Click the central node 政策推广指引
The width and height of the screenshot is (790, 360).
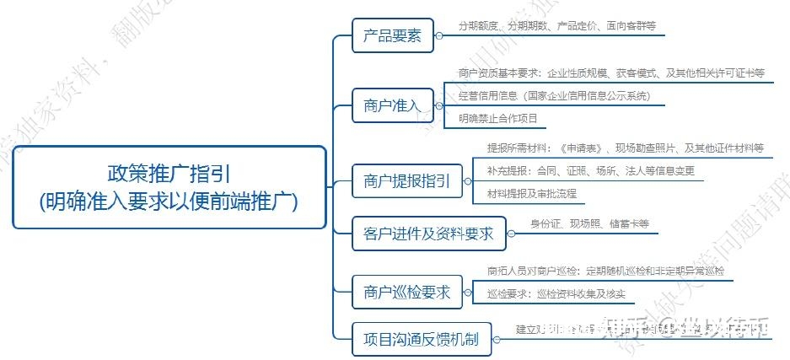pos(169,186)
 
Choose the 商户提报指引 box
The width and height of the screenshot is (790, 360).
pos(406,180)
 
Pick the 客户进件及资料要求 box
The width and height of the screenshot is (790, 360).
pos(427,234)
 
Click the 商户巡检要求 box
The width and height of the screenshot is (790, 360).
pos(406,293)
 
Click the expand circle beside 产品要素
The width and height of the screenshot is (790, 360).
pos(438,36)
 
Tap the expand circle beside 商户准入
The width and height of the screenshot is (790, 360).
pos(438,105)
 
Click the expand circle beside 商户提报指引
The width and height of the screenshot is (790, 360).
pos(468,180)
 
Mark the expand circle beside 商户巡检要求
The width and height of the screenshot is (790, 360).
pos(468,293)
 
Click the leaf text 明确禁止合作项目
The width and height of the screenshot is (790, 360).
pos(497,118)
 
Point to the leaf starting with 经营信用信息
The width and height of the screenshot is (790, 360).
pos(554,96)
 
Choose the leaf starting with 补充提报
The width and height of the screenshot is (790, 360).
pos(590,171)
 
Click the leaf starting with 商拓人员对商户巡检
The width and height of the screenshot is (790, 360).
pos(605,271)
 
